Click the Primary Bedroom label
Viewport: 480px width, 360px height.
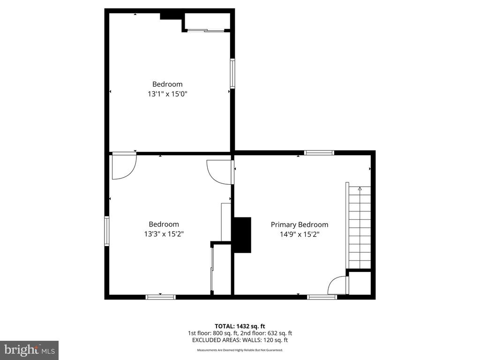coord(300,225)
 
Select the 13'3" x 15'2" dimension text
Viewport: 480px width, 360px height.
coord(164,233)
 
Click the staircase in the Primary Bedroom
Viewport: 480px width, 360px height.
coord(359,227)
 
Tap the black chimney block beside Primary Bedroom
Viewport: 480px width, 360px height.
coord(242,235)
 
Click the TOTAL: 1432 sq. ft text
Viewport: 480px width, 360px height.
coord(240,326)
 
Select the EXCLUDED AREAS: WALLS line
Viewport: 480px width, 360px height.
coord(240,340)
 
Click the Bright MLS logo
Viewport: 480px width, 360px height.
coord(29,350)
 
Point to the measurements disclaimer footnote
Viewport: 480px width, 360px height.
coord(240,350)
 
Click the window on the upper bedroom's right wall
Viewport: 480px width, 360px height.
coord(232,73)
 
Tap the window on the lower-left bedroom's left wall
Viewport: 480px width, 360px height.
coord(107,231)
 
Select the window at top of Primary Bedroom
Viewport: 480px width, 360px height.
coord(319,152)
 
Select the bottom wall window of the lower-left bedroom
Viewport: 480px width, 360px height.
coord(161,297)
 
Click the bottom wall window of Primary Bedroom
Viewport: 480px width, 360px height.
coord(322,297)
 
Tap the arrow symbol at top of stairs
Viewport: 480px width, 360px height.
coord(360,188)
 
